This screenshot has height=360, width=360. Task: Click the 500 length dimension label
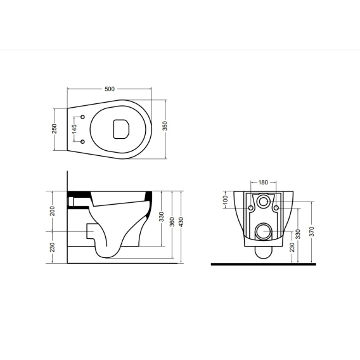tap(110, 89)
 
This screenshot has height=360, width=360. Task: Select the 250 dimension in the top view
tap(54, 129)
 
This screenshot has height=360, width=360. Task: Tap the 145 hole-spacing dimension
tap(74, 129)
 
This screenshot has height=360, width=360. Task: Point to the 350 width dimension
tap(165, 126)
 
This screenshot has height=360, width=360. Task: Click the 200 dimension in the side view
tap(53, 211)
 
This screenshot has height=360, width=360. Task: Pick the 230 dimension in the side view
tap(53, 247)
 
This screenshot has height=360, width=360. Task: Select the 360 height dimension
tap(172, 222)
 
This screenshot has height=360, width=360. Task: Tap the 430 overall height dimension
tap(181, 222)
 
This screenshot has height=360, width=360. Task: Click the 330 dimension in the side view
tap(162, 217)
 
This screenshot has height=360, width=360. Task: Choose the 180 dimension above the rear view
tap(263, 183)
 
